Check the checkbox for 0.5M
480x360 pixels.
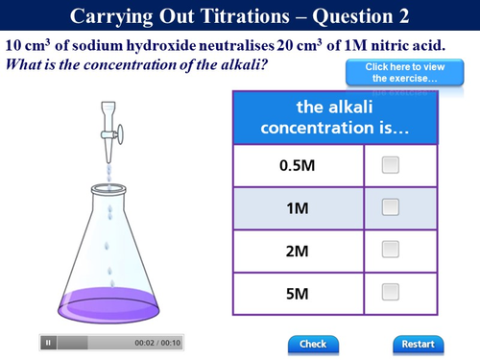click(390, 164)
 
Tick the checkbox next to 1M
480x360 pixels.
click(390, 206)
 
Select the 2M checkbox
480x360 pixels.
click(390, 250)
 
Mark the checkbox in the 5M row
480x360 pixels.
click(390, 292)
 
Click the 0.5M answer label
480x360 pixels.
click(297, 165)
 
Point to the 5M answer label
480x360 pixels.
click(297, 293)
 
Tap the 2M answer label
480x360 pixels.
click(297, 251)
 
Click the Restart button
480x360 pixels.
click(419, 344)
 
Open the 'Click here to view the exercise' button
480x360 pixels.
click(391, 72)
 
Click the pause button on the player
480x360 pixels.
click(49, 343)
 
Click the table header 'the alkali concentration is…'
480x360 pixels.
click(335, 117)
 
